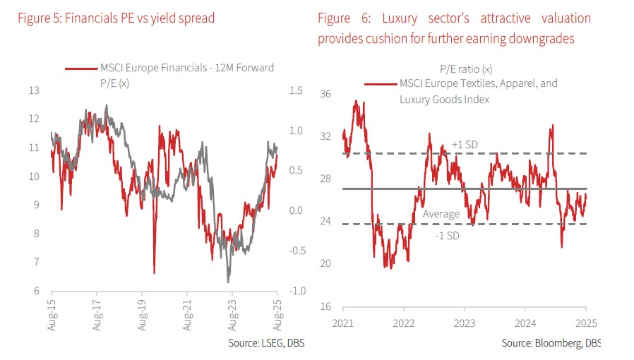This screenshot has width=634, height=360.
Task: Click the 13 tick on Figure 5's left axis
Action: pos(34,90)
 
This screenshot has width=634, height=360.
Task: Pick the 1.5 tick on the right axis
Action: pos(295,90)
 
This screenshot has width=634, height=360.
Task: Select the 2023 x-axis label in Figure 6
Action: pos(465,323)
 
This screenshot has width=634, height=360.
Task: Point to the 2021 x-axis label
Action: pos(343,323)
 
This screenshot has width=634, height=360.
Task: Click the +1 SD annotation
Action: pos(465,145)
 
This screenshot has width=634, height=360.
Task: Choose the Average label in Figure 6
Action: pos(441,214)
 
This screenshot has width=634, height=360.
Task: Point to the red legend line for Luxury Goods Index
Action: pos(380,84)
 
